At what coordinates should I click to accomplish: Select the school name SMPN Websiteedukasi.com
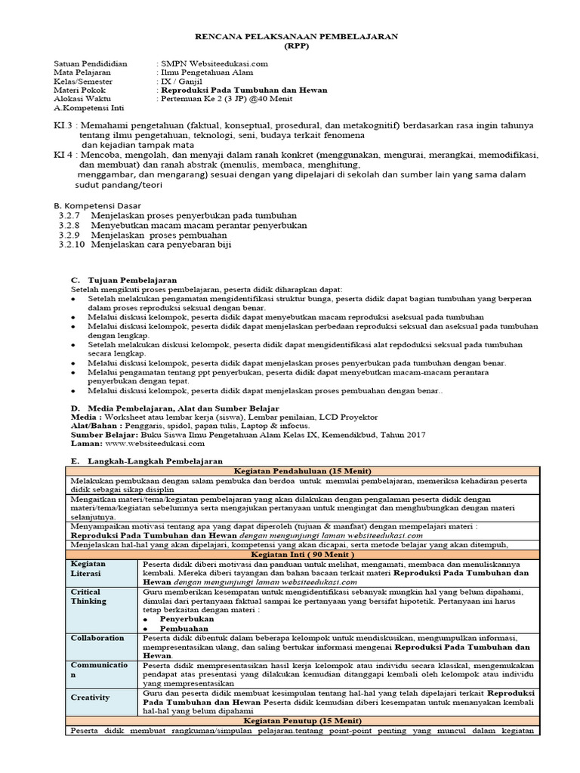pyautogui.click(x=214, y=63)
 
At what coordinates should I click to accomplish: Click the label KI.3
pyautogui.click(x=63, y=124)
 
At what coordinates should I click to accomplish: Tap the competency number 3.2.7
pyautogui.click(x=69, y=215)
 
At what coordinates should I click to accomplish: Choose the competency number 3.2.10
pyautogui.click(x=71, y=245)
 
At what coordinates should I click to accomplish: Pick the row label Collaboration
pyautogui.click(x=98, y=638)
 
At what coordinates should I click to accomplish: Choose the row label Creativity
pyautogui.click(x=91, y=698)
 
